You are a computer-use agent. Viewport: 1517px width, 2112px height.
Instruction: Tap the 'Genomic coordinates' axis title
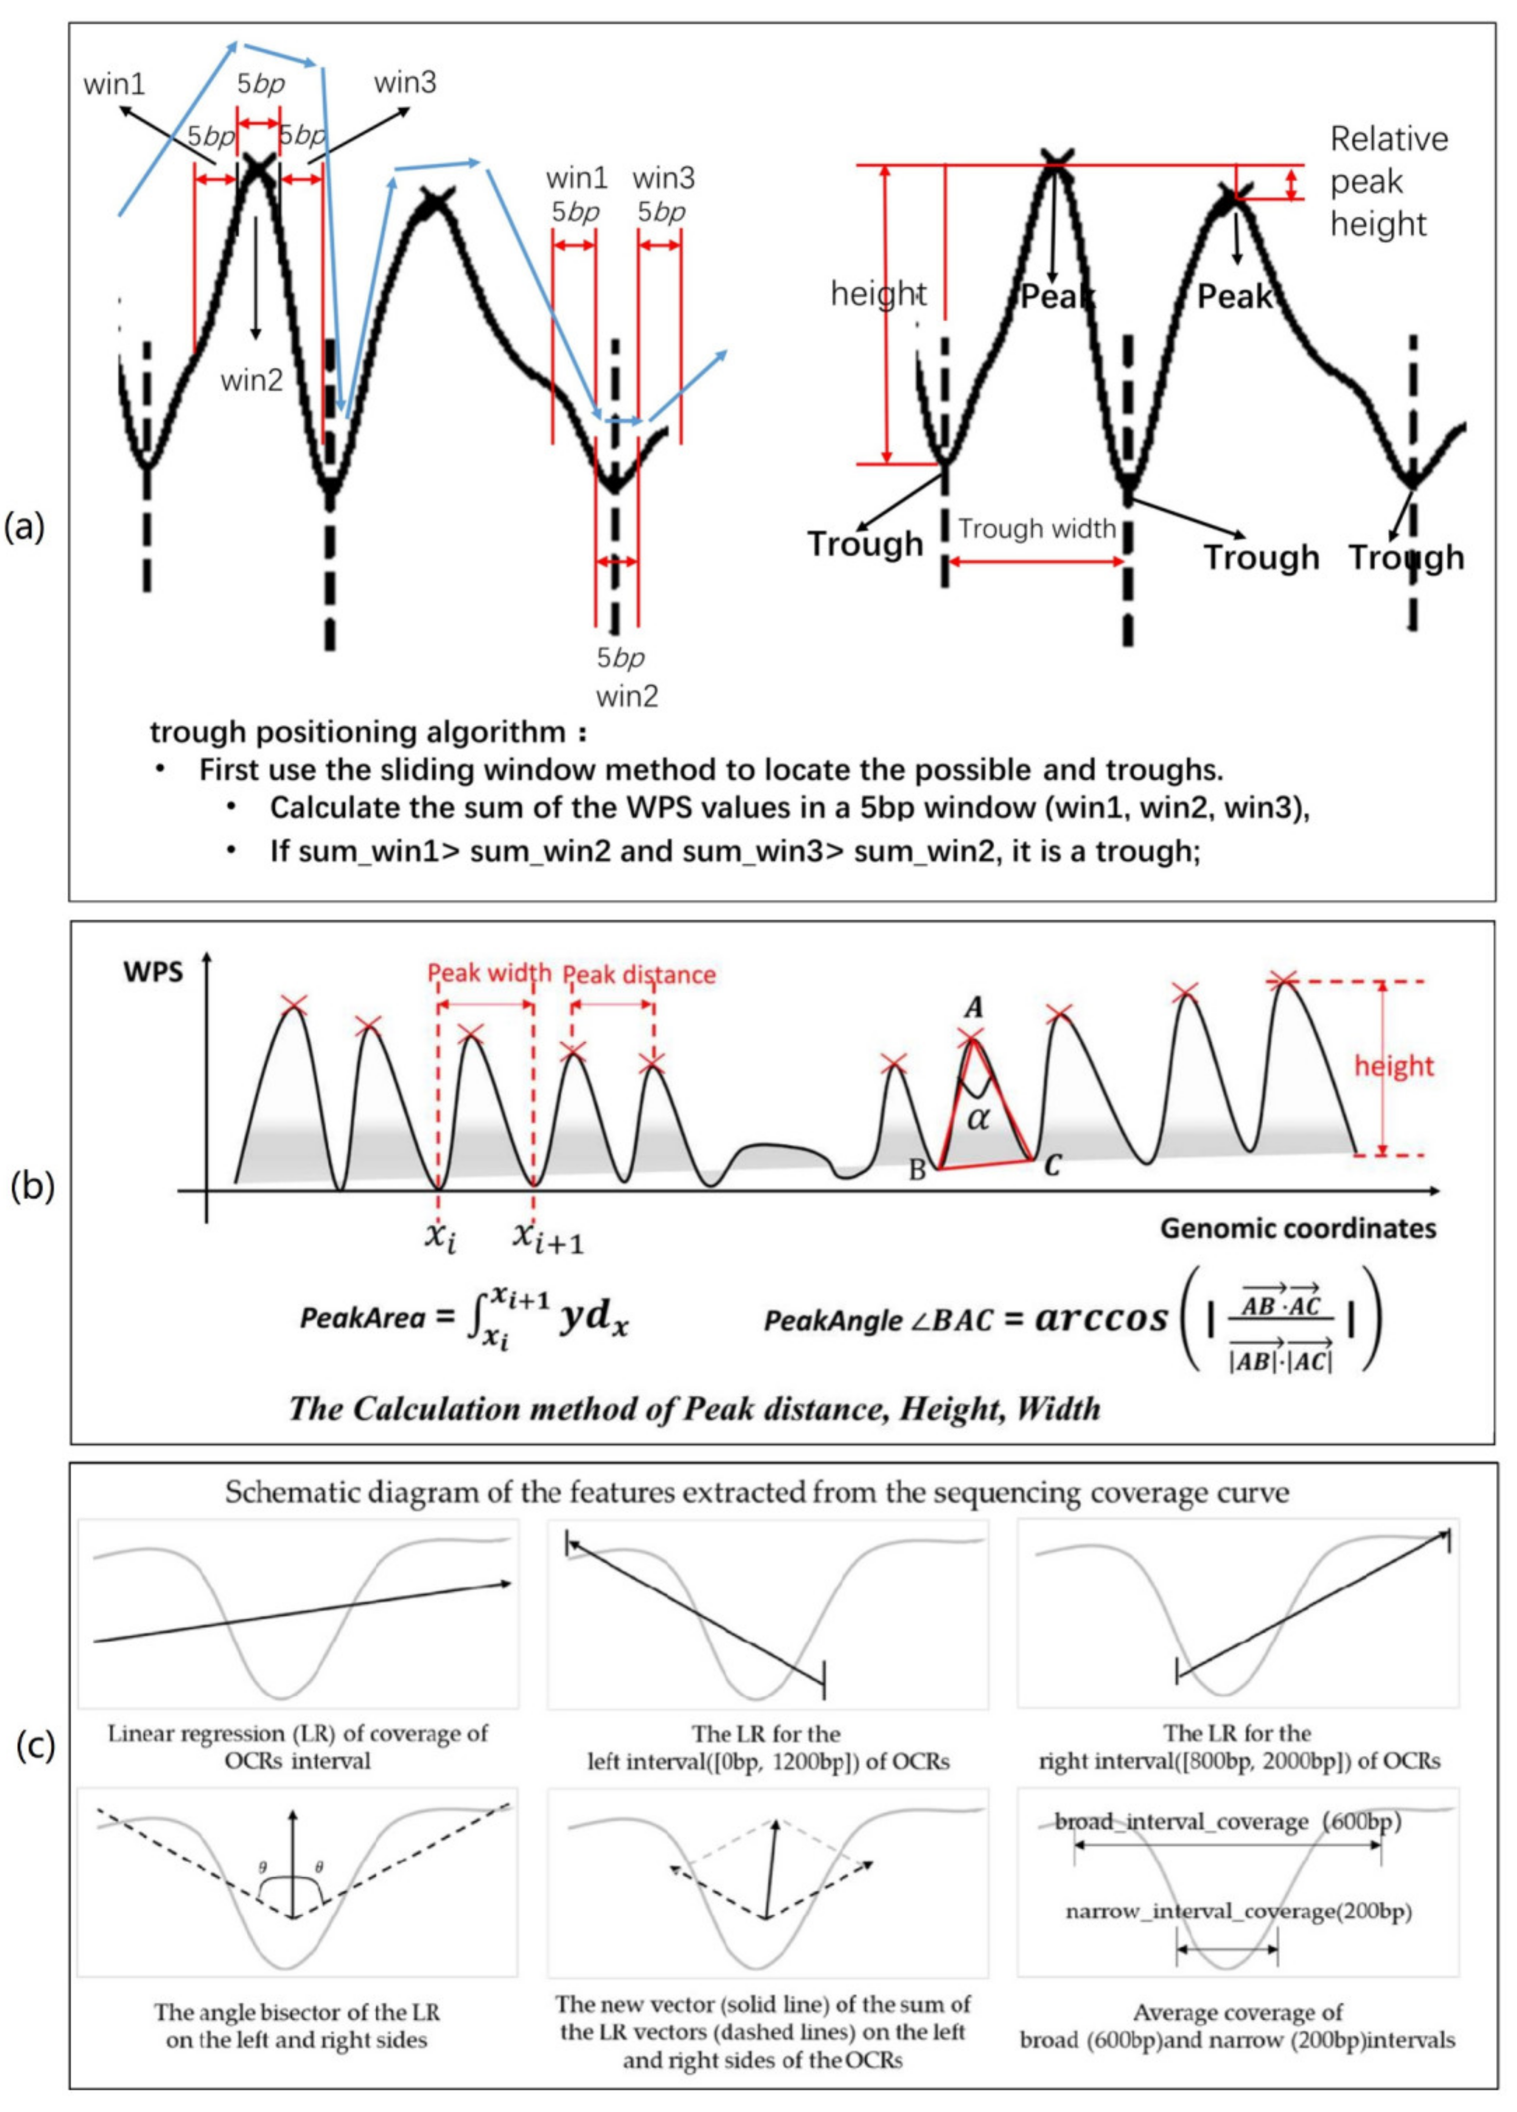coord(1297,1227)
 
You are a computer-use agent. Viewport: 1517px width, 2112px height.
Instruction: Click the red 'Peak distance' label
coord(640,974)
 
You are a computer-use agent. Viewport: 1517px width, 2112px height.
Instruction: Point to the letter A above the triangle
coord(974,1008)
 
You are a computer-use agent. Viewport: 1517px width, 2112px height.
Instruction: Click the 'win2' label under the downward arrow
coord(251,380)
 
